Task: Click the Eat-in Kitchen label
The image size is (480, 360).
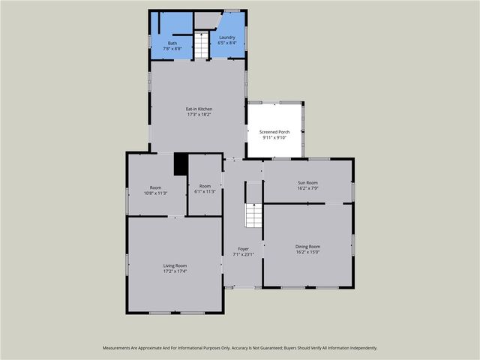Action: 199,109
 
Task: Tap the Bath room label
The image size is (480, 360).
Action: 172,43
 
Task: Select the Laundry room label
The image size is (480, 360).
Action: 227,37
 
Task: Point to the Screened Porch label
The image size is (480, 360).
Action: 274,132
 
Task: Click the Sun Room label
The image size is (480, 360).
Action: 307,182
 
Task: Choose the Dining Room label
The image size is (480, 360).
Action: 307,247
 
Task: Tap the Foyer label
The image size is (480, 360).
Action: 243,249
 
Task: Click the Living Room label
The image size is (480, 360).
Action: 175,265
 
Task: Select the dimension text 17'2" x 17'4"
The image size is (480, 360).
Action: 175,271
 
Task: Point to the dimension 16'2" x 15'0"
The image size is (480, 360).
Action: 307,252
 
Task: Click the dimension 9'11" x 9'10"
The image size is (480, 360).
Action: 274,137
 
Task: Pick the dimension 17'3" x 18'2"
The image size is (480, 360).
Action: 199,115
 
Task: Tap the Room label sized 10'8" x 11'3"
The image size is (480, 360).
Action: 155,187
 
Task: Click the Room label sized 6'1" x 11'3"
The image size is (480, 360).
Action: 205,186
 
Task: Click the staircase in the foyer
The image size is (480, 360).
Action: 253,216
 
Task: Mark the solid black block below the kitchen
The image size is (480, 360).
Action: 180,164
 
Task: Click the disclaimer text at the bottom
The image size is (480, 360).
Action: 240,348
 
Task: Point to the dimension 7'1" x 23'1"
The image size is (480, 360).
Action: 243,254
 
